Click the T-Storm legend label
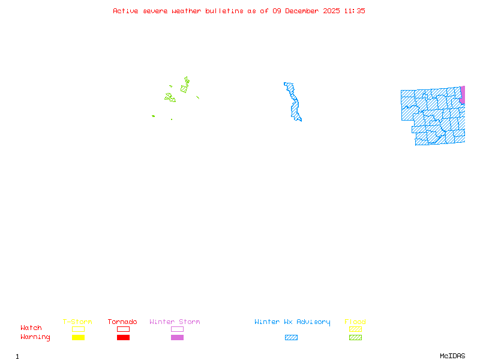[x=77, y=322]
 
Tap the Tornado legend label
[x=122, y=322]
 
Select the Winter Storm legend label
[x=175, y=322]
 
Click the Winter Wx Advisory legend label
[x=292, y=322]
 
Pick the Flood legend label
[x=355, y=322]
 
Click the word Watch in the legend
[x=31, y=328]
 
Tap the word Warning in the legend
[x=35, y=337]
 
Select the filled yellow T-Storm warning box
[x=78, y=338]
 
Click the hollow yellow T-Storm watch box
[x=78, y=329]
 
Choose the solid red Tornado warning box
[x=123, y=338]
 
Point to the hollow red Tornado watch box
[x=123, y=329]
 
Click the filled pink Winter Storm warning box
[x=177, y=338]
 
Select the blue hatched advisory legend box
[x=291, y=338]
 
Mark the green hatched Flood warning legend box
[x=355, y=338]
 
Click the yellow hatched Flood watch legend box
[x=355, y=329]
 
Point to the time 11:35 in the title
[x=355, y=11]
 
